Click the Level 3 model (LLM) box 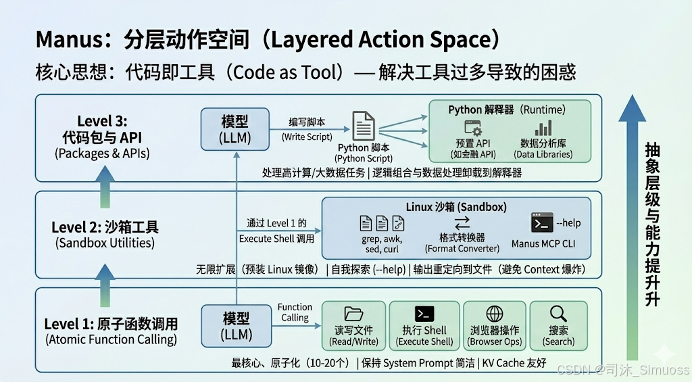pyautogui.click(x=235, y=130)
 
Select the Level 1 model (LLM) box pyautogui.click(x=235, y=326)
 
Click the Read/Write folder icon pyautogui.click(x=353, y=314)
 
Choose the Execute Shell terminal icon pyautogui.click(x=424, y=314)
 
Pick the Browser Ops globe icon pyautogui.click(x=495, y=314)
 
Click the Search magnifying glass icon pyautogui.click(x=558, y=314)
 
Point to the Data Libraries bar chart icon pyautogui.click(x=543, y=128)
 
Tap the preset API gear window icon pyautogui.click(x=472, y=128)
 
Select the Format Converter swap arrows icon pyautogui.click(x=462, y=223)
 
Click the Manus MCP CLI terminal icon pyautogui.click(x=542, y=222)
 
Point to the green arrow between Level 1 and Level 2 pyautogui.click(x=104, y=281)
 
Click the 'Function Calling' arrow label pyautogui.click(x=295, y=312)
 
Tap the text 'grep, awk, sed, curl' pyautogui.click(x=381, y=244)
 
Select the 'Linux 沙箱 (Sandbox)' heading pyautogui.click(x=456, y=206)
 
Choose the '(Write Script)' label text pyautogui.click(x=307, y=137)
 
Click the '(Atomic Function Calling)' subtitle pyautogui.click(x=111, y=339)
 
